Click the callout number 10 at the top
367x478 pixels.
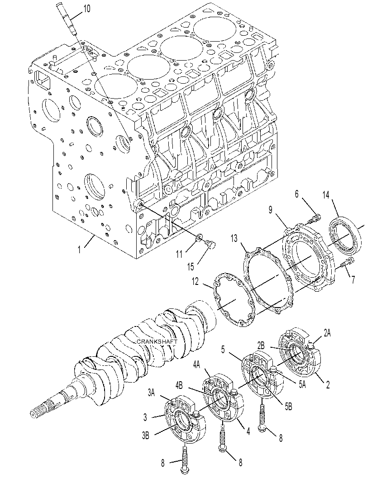click(86, 9)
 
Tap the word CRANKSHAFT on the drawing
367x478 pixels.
click(157, 342)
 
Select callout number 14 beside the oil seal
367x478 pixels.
click(326, 195)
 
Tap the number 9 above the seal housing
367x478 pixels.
click(270, 210)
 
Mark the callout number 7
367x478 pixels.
click(353, 280)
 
